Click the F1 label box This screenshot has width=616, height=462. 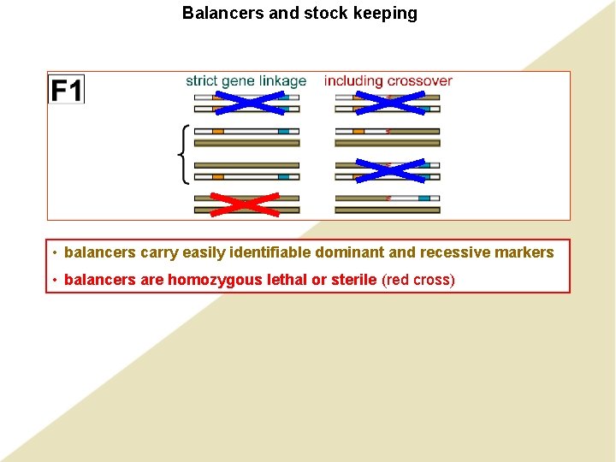[67, 90]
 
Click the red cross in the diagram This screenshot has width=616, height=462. [246, 203]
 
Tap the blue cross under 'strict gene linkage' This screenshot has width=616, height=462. [247, 103]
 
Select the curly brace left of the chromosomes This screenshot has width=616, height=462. [183, 153]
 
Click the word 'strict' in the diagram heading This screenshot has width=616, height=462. [202, 81]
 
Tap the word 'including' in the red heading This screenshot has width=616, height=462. [353, 81]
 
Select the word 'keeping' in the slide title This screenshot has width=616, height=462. [388, 14]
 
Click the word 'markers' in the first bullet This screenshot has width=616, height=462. [524, 252]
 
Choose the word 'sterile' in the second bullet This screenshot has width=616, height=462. [350, 280]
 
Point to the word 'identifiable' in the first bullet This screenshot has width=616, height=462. [269, 252]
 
